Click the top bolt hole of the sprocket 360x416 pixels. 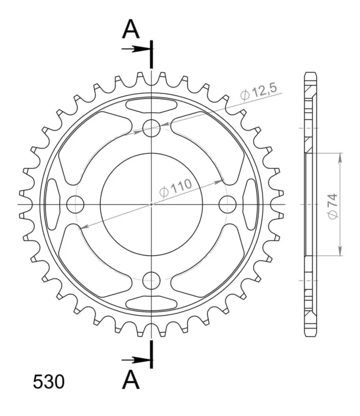pyautogui.click(x=151, y=128)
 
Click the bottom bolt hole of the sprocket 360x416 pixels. pyautogui.click(x=151, y=280)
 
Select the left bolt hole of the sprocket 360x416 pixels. pyautogui.click(x=75, y=204)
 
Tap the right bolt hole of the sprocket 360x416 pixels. pyautogui.click(x=228, y=204)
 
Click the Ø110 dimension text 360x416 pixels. pyautogui.click(x=175, y=188)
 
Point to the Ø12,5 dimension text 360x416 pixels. pyautogui.click(x=259, y=92)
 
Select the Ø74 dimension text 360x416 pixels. pyautogui.click(x=332, y=206)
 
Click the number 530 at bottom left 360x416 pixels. pyautogui.click(x=48, y=382)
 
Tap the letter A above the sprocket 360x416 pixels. pyautogui.click(x=131, y=29)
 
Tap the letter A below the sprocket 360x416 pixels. pyautogui.click(x=131, y=380)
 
